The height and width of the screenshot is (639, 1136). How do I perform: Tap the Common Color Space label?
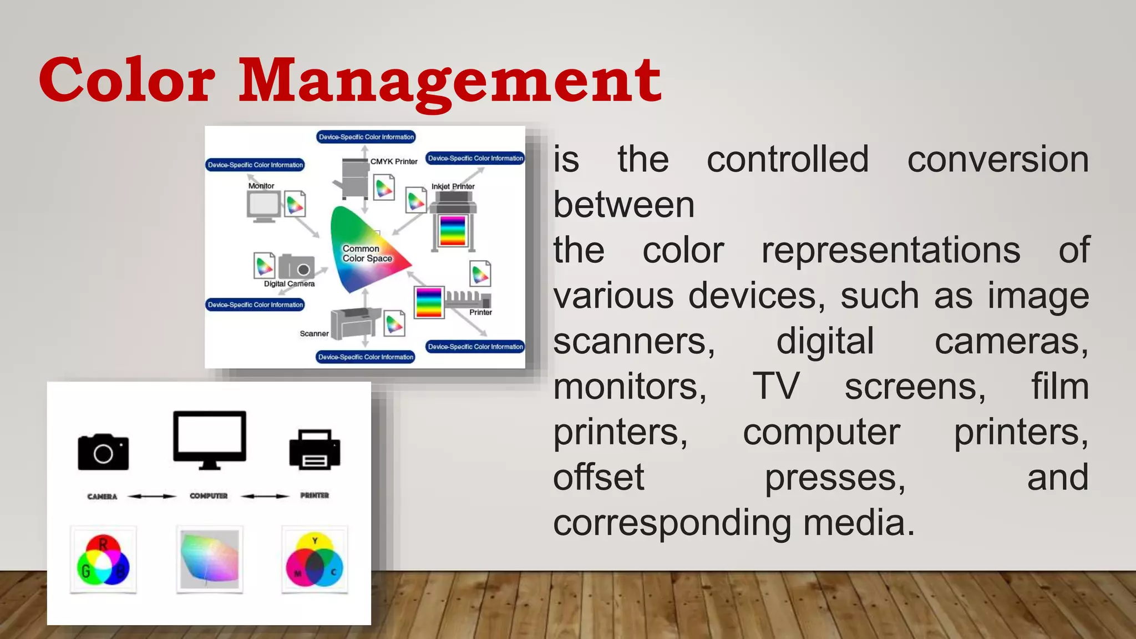pos(366,253)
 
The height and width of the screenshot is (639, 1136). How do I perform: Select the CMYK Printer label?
pos(394,161)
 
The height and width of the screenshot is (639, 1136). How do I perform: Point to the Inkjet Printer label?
pos(453,186)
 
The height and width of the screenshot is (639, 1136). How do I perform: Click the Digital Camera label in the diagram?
pos(289,284)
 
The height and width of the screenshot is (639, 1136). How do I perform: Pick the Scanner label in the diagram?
pos(314,333)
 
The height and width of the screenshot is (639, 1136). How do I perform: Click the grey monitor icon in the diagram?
pos(263,206)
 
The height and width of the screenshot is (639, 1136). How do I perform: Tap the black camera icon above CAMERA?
pos(103,452)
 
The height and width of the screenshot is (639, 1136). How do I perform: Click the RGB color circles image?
pos(103,560)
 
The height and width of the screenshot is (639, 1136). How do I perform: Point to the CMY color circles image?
pos(315,560)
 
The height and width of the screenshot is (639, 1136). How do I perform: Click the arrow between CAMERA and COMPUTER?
pos(152,496)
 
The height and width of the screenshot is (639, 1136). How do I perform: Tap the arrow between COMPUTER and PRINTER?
pos(265,496)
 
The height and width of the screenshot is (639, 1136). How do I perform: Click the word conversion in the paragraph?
pos(998,160)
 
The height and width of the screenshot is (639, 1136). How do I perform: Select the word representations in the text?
pos(890,250)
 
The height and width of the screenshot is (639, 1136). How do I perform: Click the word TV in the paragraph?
pos(775,386)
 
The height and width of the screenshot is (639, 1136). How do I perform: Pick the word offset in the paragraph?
pos(599,477)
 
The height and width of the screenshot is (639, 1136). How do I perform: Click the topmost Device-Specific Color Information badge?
pos(366,137)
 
